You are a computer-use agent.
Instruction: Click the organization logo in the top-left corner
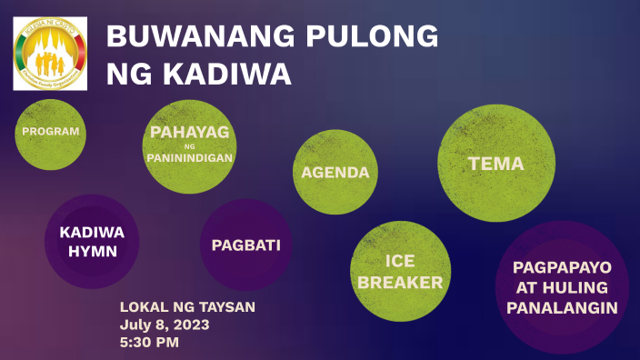[x=50, y=54]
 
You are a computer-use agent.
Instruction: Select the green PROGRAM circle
[x=51, y=132]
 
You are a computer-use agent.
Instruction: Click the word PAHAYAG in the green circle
[x=189, y=133]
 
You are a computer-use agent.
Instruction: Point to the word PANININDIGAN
[x=189, y=157]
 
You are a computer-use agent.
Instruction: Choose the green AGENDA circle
[x=335, y=173]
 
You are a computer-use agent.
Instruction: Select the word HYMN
[x=92, y=251]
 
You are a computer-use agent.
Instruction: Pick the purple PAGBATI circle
[x=245, y=245]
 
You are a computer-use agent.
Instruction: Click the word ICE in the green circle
[x=400, y=261]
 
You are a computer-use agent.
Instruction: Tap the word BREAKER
[x=400, y=283]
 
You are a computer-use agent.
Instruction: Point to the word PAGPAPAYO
[x=562, y=267]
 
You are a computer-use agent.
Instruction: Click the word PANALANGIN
[x=562, y=308]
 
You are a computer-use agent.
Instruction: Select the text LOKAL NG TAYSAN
[x=187, y=307]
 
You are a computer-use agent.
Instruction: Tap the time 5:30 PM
[x=149, y=343]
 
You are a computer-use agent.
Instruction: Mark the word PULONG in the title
[x=370, y=37]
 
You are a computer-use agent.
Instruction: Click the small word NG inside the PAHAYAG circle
[x=189, y=145]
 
